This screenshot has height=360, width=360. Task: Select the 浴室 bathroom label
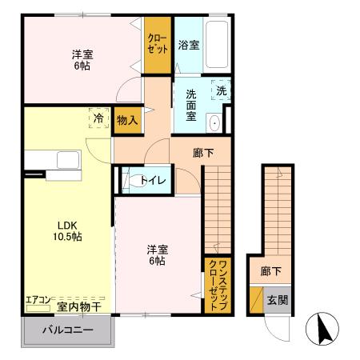pos(189,46)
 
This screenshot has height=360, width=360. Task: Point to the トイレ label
pos(153,180)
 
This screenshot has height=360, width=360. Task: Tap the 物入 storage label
pos(127,120)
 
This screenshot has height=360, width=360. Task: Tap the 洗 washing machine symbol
pos(222,90)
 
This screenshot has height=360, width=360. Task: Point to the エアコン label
pos(38,301)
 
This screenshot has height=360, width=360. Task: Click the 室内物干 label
pos(78,306)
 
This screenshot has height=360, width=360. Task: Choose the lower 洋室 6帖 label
pos(156,254)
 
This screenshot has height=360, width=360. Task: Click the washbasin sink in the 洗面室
pos(215,122)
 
